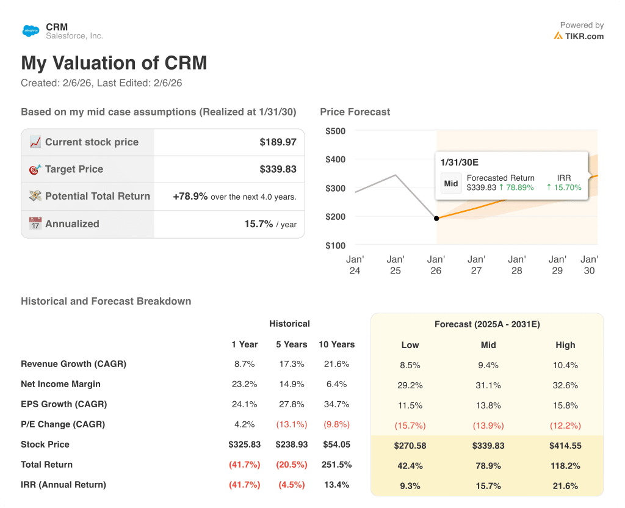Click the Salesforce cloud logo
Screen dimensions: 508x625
31,30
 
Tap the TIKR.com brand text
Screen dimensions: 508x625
583,36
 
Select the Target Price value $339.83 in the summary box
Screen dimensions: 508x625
278,169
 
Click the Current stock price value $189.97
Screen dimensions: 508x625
278,142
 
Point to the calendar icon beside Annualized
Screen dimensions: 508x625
35,223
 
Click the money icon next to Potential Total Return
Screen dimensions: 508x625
35,197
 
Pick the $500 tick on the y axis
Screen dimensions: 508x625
335,131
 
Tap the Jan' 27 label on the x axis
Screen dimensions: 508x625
476,265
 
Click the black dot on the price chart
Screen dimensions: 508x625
436,218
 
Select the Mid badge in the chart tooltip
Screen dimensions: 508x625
451,183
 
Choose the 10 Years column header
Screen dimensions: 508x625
336,344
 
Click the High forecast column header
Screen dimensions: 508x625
565,345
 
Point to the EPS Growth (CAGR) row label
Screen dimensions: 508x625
63,404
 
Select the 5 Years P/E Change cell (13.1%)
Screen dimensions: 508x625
291,424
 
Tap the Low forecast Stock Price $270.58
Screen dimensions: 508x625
410,446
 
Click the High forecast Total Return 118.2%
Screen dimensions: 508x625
565,466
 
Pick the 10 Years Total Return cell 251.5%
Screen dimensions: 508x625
336,465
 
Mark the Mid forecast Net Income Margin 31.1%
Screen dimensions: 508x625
488,385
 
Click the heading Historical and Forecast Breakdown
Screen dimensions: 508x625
106,301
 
